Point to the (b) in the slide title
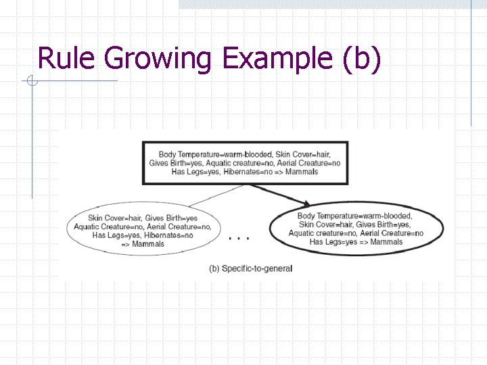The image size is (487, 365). click(x=362, y=59)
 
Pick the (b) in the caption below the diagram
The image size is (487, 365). click(x=214, y=268)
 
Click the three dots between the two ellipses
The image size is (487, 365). click(x=239, y=238)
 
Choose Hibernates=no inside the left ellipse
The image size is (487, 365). click(x=168, y=235)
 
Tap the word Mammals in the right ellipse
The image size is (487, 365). click(x=386, y=242)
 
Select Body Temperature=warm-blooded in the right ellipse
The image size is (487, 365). click(x=354, y=216)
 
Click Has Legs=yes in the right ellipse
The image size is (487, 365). click(x=331, y=242)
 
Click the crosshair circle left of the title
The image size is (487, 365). click(x=31, y=82)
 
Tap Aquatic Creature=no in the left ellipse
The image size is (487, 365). click(x=105, y=226)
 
